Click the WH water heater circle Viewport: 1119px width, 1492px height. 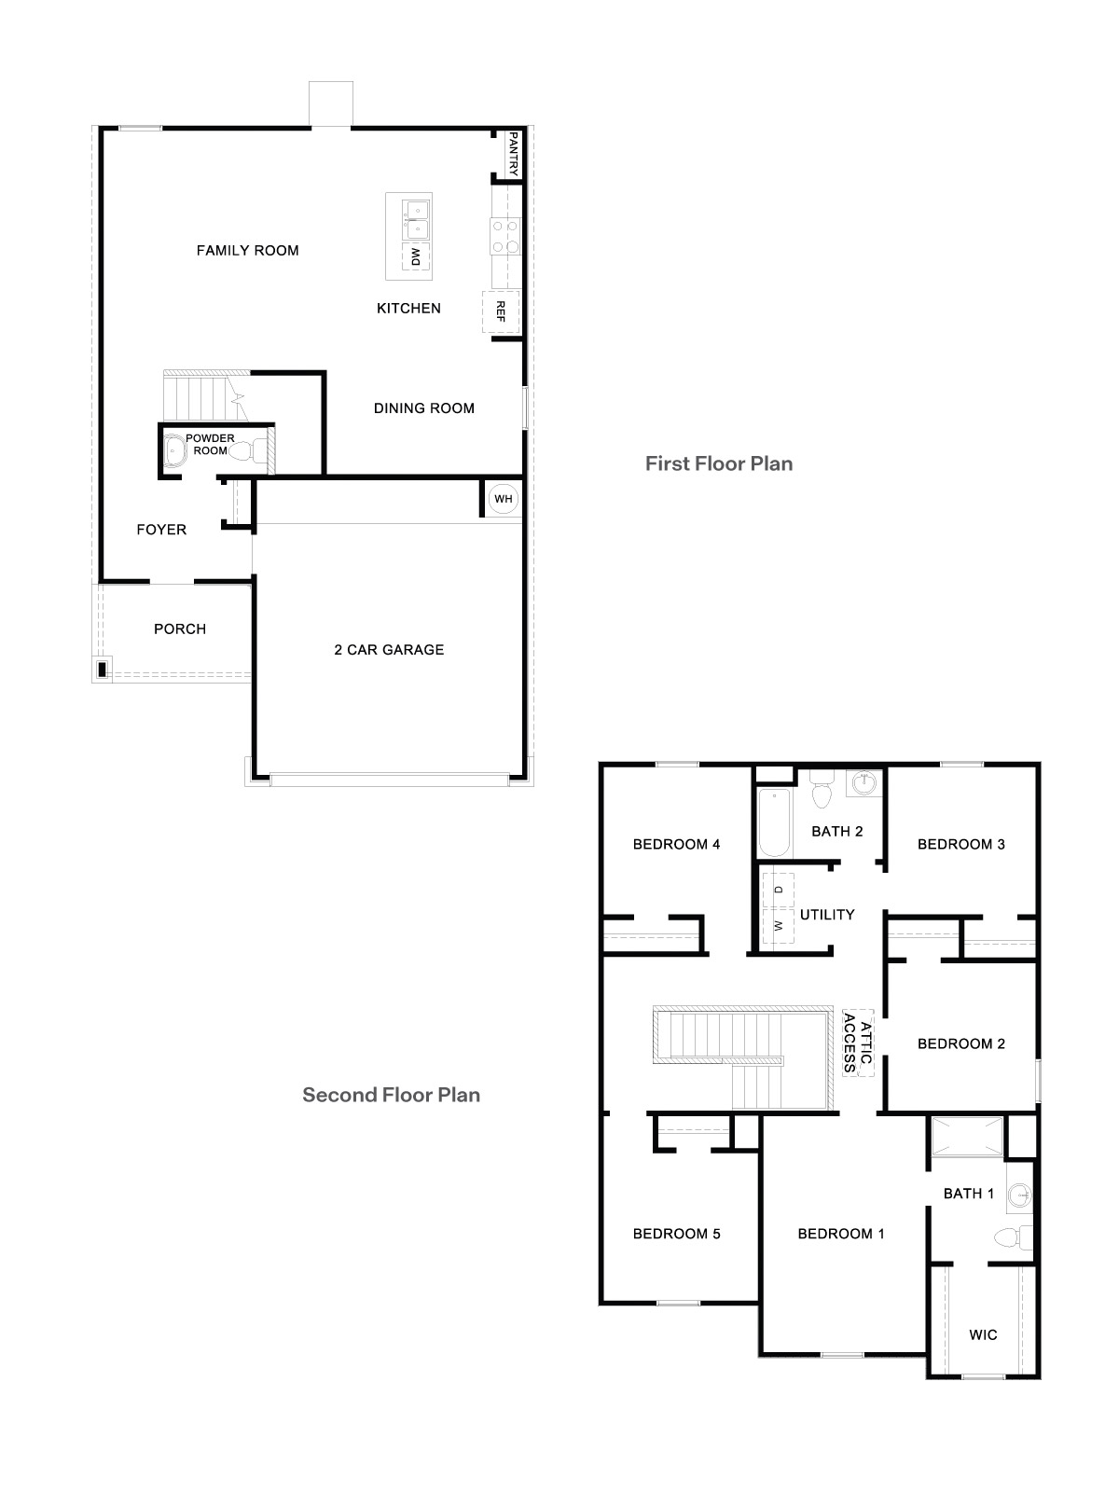coord(504,499)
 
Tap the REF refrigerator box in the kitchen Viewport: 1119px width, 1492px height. coord(500,311)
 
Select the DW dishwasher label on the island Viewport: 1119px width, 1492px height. coord(416,256)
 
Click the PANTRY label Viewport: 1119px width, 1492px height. coord(513,153)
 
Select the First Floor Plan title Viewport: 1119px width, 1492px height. coord(719,463)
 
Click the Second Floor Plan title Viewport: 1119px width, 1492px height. coord(391,1095)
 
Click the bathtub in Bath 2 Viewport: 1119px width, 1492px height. coord(774,822)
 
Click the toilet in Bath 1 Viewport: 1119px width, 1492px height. coord(1011,1238)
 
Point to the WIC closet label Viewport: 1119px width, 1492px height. coord(983,1335)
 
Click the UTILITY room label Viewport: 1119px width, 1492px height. coord(827,915)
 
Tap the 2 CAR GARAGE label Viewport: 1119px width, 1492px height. coord(389,650)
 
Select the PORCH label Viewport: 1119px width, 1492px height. coord(180,629)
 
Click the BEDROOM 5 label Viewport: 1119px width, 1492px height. coord(676,1235)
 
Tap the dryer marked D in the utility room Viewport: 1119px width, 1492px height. coord(778,890)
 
